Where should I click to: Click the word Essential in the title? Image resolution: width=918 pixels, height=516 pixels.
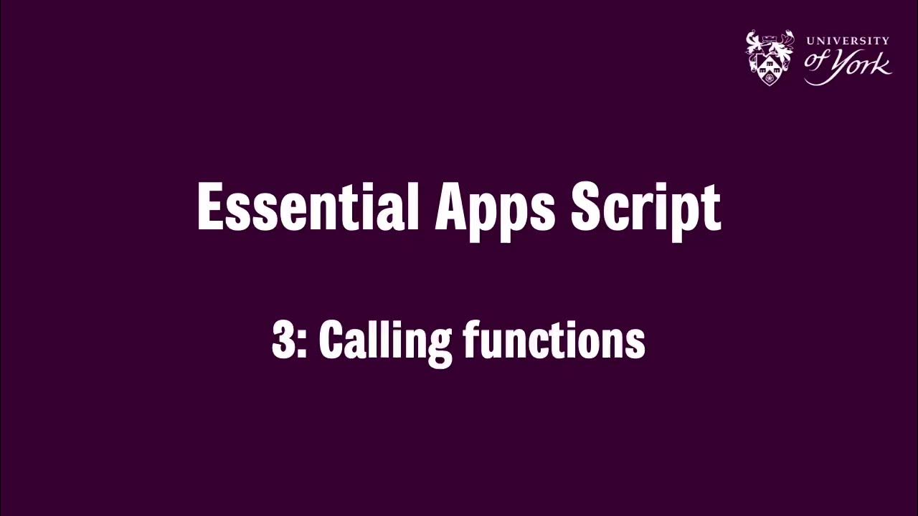[x=308, y=207]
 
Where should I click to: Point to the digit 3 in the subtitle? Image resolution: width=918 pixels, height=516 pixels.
[x=283, y=340]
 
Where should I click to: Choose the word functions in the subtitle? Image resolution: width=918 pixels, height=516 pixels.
[x=554, y=340]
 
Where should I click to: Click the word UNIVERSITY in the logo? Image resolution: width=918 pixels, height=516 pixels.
[x=848, y=41]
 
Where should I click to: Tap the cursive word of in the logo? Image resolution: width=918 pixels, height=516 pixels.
[x=817, y=60]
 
